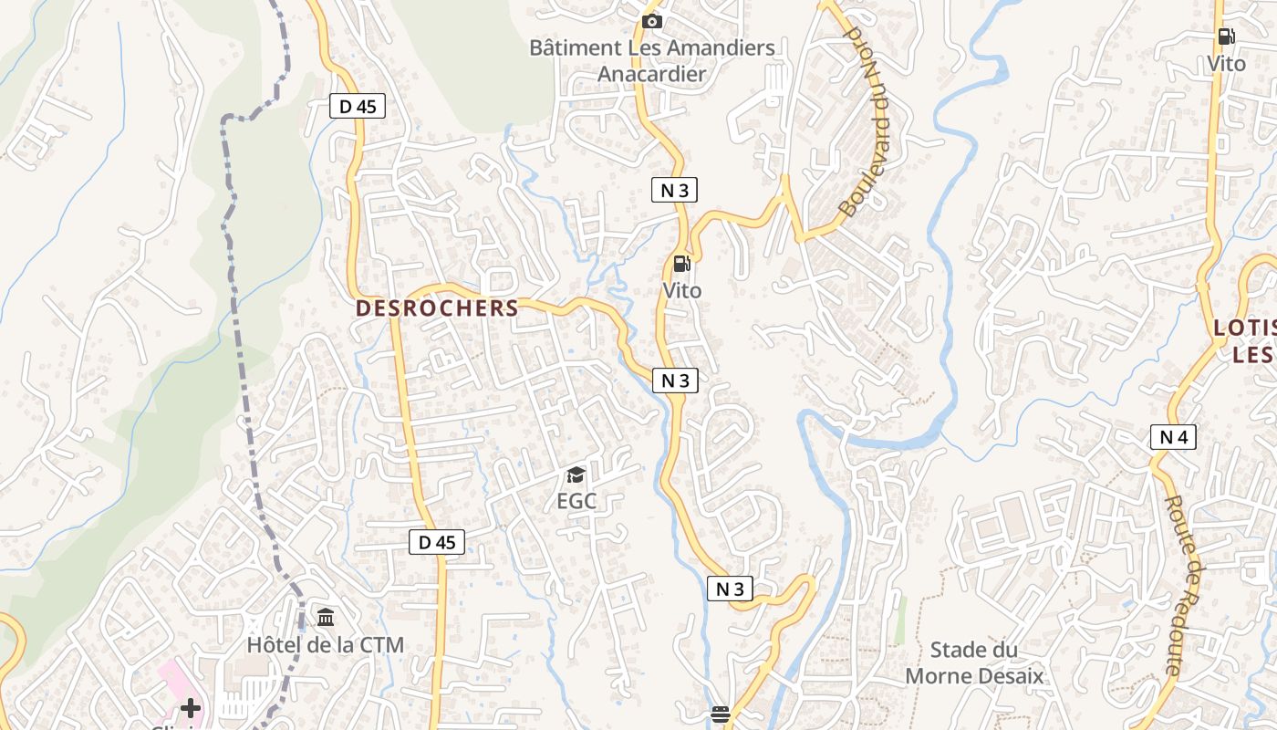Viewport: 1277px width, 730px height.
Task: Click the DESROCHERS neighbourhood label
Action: [437, 308]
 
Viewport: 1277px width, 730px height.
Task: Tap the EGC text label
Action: [576, 501]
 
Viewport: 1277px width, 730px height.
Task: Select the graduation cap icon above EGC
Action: [576, 474]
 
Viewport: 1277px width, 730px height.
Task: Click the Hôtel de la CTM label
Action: [325, 644]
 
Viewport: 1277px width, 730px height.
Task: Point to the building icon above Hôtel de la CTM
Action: [326, 618]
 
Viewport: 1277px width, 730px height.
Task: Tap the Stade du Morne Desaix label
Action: [974, 662]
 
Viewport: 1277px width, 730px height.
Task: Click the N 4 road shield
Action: [1173, 438]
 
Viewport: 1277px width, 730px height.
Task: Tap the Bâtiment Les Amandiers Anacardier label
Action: [652, 60]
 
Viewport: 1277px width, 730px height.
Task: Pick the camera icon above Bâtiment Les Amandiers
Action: [652, 21]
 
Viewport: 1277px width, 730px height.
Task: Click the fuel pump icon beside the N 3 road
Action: [681, 265]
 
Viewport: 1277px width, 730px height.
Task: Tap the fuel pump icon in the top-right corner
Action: [1226, 37]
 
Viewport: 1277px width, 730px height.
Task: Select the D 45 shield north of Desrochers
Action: [358, 107]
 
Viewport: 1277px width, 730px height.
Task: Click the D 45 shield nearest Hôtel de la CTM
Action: [436, 542]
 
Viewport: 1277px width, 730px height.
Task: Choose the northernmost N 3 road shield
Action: [675, 190]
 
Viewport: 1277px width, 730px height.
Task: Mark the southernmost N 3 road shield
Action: [730, 589]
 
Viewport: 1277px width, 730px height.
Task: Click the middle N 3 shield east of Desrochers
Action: [675, 381]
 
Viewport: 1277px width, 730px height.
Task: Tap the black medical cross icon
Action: [191, 707]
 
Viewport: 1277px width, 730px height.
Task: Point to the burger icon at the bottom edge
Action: [721, 714]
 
